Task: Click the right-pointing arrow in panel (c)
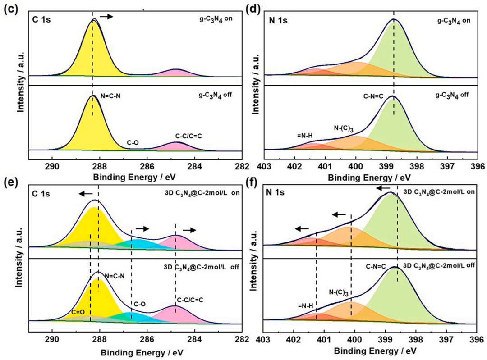click(106, 16)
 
